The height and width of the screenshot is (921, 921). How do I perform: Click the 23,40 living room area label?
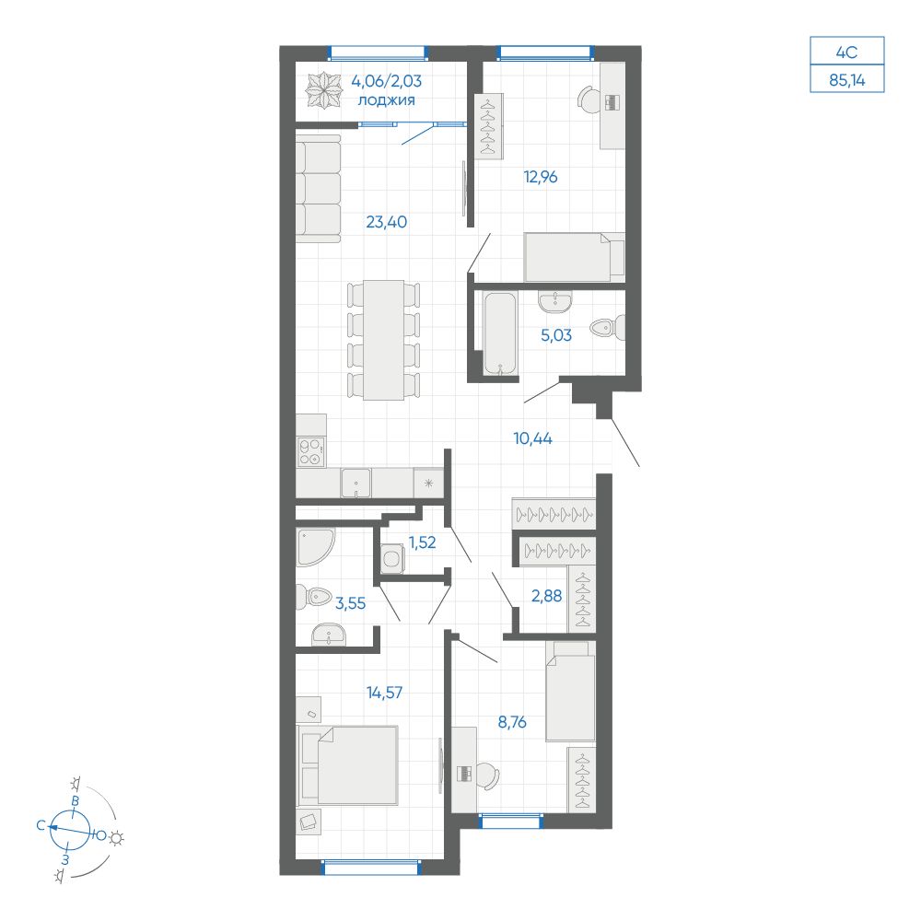point(386,221)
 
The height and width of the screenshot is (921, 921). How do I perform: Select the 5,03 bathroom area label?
point(556,335)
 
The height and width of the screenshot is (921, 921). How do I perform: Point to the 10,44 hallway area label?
point(532,437)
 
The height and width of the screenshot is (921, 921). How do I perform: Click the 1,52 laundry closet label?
point(422,542)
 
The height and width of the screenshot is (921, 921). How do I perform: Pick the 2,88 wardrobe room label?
point(547,595)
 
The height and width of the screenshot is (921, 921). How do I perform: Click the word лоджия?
point(387,101)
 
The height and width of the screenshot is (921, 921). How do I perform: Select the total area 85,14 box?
point(846,80)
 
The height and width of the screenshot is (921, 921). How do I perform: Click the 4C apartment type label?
point(846,51)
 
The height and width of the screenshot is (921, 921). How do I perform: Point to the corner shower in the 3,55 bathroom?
point(314,548)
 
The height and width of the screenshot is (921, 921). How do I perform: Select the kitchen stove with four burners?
point(311,452)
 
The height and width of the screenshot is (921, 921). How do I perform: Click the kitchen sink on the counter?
point(356,482)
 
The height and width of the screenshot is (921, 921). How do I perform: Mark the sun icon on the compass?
point(117,837)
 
